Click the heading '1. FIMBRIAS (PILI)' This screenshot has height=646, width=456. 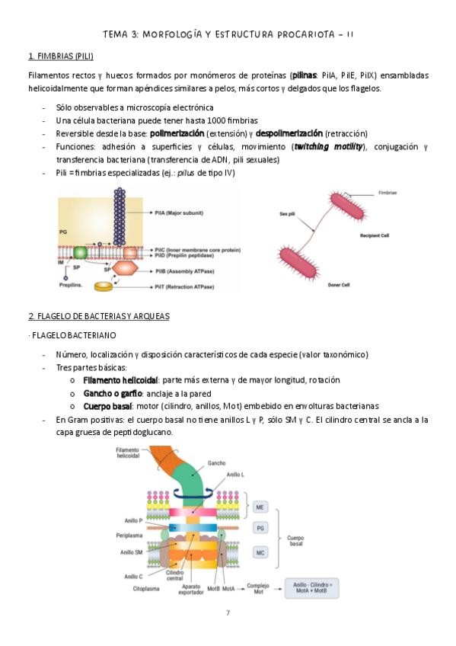[x=61, y=56]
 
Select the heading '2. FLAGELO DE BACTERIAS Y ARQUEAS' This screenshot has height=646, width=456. [x=99, y=316]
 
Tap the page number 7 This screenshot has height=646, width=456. [x=228, y=612]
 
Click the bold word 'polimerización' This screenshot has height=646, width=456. [x=177, y=133]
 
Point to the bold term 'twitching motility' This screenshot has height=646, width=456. [x=328, y=147]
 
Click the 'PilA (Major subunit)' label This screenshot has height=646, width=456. [x=179, y=213]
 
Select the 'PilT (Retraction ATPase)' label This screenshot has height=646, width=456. [x=184, y=286]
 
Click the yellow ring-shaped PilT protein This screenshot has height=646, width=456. [x=104, y=286]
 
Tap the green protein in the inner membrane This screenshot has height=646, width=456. [x=80, y=253]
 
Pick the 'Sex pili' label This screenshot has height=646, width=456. [x=287, y=214]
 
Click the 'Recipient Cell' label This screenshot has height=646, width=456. [x=375, y=235]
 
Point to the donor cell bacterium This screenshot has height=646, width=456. [x=298, y=263]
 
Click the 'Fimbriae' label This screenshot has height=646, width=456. [x=387, y=193]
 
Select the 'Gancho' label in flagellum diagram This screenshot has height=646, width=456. [x=216, y=463]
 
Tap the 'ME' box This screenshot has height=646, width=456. [x=260, y=507]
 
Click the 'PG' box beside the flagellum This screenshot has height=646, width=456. [x=260, y=528]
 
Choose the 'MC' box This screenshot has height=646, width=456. [x=260, y=552]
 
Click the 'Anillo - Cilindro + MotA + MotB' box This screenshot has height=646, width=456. [x=312, y=588]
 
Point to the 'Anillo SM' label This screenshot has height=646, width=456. [x=131, y=552]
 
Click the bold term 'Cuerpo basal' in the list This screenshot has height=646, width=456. [x=107, y=406]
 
